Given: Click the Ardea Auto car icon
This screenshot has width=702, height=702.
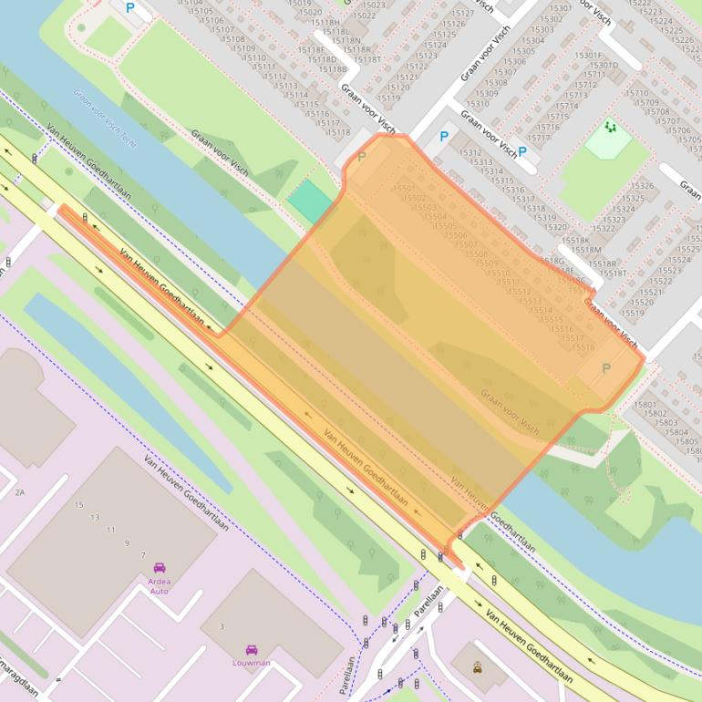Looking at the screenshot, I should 160,568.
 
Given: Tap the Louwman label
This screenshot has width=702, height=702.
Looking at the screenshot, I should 251,663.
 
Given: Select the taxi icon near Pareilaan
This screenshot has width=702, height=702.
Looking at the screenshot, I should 478,666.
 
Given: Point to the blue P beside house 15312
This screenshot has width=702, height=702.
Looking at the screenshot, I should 444,138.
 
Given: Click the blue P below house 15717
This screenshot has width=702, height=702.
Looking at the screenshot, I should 522,152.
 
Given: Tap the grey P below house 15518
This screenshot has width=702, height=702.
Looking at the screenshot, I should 606,367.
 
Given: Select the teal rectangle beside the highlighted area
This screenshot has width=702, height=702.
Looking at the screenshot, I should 308,201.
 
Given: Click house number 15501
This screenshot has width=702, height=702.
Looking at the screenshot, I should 404,188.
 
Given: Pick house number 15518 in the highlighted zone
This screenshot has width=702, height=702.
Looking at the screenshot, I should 583,347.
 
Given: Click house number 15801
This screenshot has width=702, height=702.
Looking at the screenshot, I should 644,404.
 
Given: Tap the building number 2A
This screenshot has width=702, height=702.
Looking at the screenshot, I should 19,492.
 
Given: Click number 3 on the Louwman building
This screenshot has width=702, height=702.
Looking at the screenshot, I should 222,626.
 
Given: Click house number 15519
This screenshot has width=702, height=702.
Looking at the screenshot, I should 632,313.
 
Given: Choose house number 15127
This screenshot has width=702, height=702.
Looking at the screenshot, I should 462,14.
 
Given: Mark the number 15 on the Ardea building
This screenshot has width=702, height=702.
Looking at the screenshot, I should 79,505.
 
